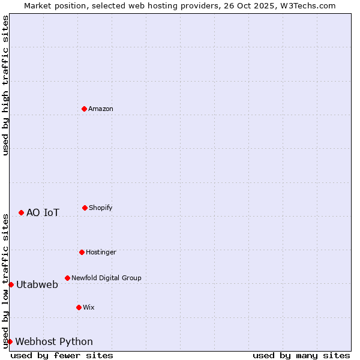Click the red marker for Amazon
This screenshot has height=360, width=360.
tap(84, 109)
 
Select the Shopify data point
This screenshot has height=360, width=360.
tap(85, 208)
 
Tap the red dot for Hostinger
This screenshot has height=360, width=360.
tap(82, 252)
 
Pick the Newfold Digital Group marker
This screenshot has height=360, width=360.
tap(67, 278)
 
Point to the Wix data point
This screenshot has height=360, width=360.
tap(79, 307)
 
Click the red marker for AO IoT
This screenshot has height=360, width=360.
tap(21, 212)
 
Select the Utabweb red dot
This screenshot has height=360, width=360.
tap(11, 284)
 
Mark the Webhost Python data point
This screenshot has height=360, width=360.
tap(10, 341)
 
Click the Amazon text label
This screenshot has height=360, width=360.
tap(101, 109)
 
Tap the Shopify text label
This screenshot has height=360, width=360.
tap(101, 208)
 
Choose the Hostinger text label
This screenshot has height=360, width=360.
tap(101, 252)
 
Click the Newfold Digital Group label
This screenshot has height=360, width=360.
tap(106, 278)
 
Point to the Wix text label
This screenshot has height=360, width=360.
tap(89, 307)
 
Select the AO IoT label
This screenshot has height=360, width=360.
tap(43, 212)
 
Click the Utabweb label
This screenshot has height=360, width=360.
tap(37, 284)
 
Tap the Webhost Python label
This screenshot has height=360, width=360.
tap(54, 341)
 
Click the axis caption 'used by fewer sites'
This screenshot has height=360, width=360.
tap(62, 355)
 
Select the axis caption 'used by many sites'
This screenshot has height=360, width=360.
tap(301, 355)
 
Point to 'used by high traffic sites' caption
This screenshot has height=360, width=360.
tap(5, 85)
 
